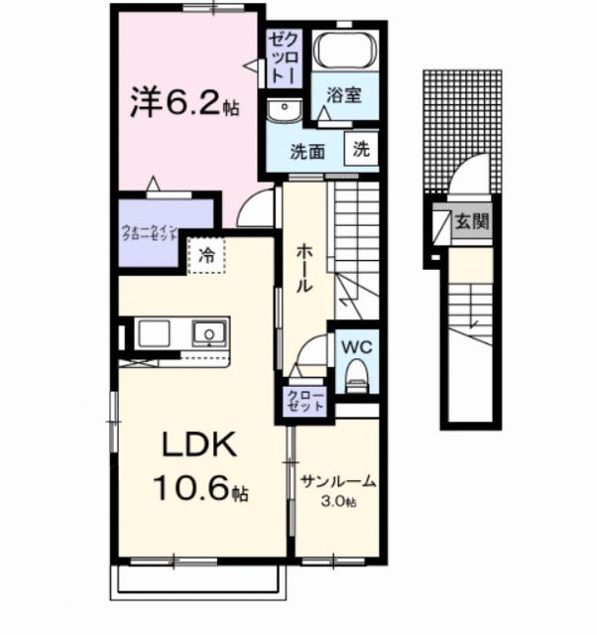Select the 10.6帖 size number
coord(197,487)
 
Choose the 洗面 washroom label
coord(306,152)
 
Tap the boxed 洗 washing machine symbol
coord(361,150)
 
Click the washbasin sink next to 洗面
coord(285,109)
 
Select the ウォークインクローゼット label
coord(148,234)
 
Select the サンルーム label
coord(338,483)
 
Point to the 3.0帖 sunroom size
coord(338,502)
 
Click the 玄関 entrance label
coord(471,222)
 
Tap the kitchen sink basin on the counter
coord(209,333)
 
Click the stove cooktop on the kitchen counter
coord(154,333)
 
